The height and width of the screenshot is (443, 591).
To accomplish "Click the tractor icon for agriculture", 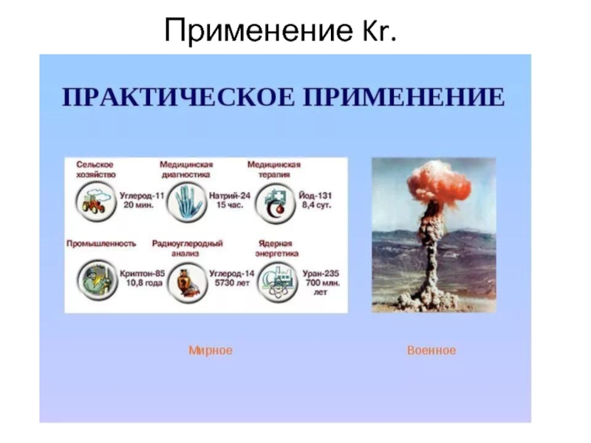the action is click(x=96, y=202).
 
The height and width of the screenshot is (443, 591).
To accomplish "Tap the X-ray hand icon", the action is click(x=187, y=202).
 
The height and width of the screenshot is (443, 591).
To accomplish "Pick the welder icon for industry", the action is click(x=98, y=281).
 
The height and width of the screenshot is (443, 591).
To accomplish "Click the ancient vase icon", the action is click(x=188, y=283).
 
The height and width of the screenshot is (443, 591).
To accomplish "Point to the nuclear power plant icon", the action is click(x=278, y=283).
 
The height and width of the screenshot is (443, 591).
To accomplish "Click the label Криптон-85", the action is click(x=142, y=274).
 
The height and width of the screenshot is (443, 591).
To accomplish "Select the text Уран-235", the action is click(x=321, y=274).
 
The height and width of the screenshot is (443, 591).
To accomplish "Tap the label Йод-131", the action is click(x=315, y=196).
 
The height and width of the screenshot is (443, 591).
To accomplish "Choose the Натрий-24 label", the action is click(x=230, y=196).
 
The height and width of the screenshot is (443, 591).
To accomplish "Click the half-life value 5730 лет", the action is click(x=232, y=283).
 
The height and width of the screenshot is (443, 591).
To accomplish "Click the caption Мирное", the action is click(x=211, y=350).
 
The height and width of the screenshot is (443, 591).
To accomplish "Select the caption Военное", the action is click(x=431, y=350).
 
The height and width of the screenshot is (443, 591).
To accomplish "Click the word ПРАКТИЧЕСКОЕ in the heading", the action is click(x=178, y=97).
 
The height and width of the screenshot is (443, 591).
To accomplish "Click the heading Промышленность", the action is click(x=101, y=244).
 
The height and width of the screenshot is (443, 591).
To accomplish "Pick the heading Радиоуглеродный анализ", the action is click(x=188, y=248).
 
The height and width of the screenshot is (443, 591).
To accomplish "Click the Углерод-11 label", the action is click(x=142, y=196).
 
